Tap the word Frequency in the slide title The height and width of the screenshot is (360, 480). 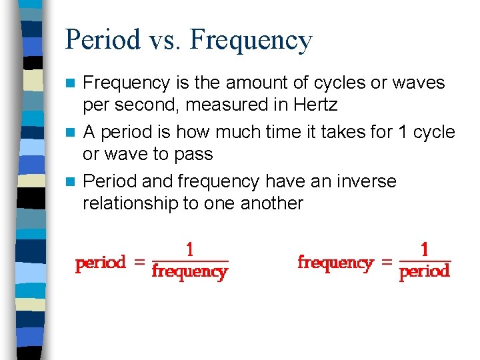pos(251,40)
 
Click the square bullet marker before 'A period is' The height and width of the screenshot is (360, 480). pos(73,132)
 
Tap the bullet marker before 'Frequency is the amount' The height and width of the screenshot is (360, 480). pos(73,83)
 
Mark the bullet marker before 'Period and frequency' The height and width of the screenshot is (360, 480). pos(73,181)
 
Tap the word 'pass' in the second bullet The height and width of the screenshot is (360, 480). pos(194,154)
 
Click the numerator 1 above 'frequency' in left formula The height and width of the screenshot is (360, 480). pos(190,250)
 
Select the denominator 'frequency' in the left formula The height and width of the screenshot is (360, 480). pos(190,271)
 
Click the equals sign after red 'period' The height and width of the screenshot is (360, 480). pos(139,263)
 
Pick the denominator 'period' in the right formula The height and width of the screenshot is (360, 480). pos(425,271)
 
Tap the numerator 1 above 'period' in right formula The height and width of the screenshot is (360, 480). pos(425,250)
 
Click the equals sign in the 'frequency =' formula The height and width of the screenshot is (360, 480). pos(386,263)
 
